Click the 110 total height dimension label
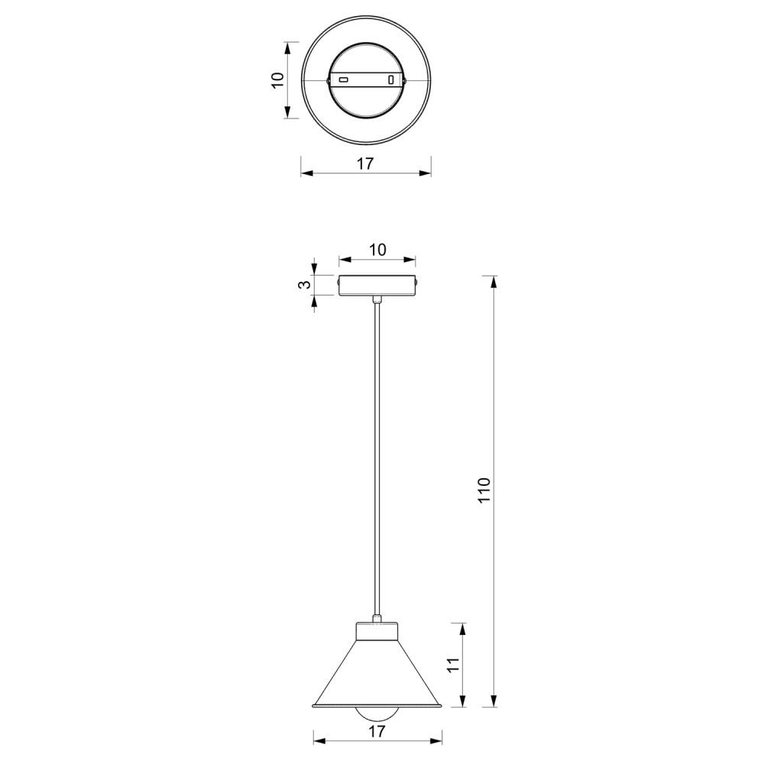click(484, 490)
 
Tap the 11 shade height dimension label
click(453, 665)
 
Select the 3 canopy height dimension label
click(304, 284)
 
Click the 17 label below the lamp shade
click(377, 731)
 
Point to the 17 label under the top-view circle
click(365, 163)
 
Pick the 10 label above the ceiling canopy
click(377, 250)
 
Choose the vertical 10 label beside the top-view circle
click(277, 80)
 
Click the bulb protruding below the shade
click(377, 714)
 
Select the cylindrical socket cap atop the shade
click(377, 631)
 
